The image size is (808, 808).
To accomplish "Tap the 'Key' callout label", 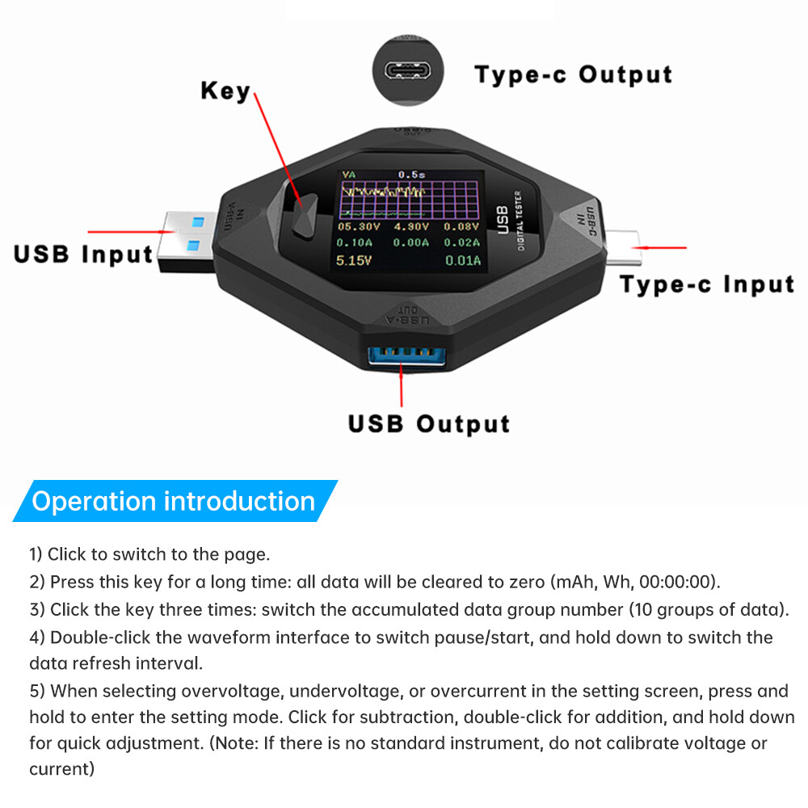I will pyautogui.click(x=225, y=90).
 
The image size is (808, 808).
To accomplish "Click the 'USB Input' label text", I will pyautogui.click(x=83, y=254).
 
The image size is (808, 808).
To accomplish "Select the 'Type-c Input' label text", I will pyautogui.click(x=707, y=284).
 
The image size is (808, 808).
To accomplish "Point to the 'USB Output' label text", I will pyautogui.click(x=429, y=424).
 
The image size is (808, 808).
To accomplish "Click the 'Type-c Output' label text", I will pyautogui.click(x=574, y=74).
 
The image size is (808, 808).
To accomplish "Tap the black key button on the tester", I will pyautogui.click(x=305, y=217).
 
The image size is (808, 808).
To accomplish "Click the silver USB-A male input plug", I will pyautogui.click(x=184, y=240).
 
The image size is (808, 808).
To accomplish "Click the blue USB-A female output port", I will pyautogui.click(x=402, y=357).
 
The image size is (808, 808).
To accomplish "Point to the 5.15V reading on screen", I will pyautogui.click(x=354, y=260).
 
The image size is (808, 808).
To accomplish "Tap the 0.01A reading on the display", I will pyautogui.click(x=464, y=260).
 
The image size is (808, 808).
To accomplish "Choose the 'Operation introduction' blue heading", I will pyautogui.click(x=174, y=502).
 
